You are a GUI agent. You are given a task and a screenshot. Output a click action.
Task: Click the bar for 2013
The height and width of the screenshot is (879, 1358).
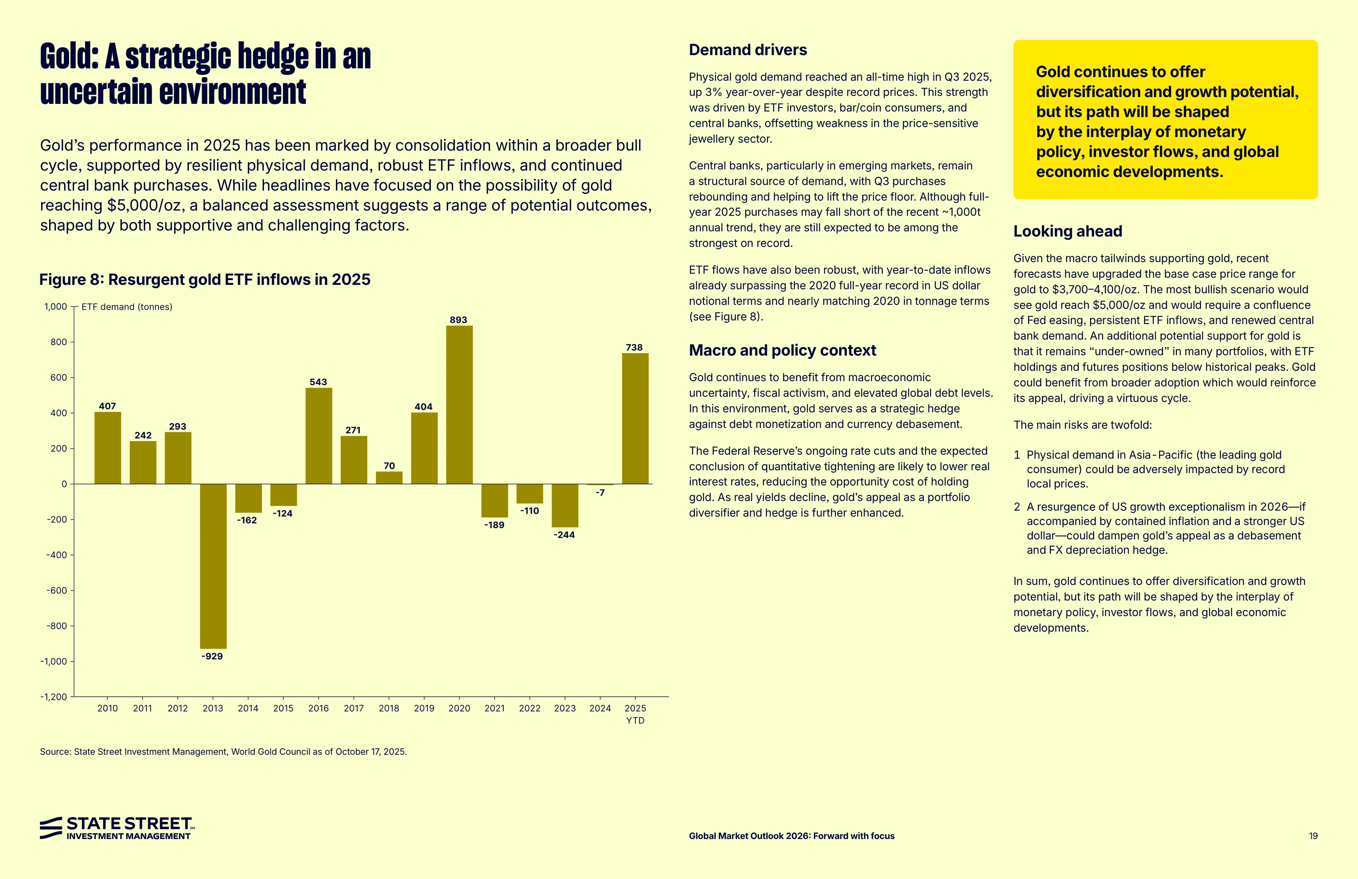[x=213, y=566]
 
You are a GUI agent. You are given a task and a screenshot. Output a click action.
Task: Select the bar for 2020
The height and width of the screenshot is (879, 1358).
[x=459, y=405]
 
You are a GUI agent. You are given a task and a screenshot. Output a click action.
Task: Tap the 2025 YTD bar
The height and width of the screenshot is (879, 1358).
[x=635, y=418]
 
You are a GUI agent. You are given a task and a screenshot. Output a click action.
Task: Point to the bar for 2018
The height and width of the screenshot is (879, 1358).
[x=389, y=478]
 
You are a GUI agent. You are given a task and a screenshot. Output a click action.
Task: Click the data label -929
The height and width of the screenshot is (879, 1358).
[x=212, y=656]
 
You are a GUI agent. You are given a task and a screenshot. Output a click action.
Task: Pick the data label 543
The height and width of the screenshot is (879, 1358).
[x=318, y=382]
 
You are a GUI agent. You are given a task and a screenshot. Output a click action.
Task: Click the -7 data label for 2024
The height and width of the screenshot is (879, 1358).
[x=600, y=493]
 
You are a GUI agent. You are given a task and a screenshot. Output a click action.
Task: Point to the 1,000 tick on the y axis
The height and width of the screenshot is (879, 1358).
[x=56, y=306]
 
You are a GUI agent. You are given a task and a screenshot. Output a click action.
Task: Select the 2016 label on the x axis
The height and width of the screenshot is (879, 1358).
[x=318, y=708]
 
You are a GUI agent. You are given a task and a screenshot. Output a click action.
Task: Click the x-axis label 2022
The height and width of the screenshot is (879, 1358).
[x=530, y=708]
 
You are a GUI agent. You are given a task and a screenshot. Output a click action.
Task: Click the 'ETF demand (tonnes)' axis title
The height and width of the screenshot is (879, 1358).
[x=127, y=307]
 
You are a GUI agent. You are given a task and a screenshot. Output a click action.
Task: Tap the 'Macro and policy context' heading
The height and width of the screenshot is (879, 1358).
[x=782, y=350]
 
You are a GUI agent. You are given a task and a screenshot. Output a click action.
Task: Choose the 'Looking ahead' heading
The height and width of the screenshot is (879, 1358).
[x=1068, y=231]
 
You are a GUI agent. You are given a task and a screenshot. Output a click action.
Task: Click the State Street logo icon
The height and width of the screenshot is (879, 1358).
[x=51, y=827]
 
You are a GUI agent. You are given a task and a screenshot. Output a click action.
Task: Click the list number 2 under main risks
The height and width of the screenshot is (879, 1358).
[x=1017, y=507]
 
